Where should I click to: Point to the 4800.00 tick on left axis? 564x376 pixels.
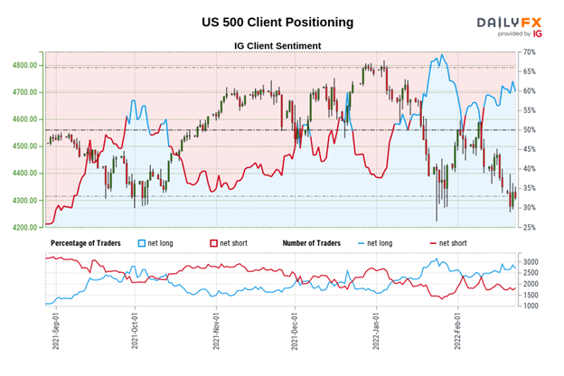[24, 66]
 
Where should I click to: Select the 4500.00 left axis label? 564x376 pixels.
[24, 146]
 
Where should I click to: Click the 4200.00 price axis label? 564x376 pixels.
[24, 228]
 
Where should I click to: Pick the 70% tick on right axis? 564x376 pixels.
[529, 53]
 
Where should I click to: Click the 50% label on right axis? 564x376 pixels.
[529, 130]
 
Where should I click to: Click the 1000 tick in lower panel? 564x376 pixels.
[531, 306]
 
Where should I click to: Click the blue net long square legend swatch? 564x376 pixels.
[140, 244]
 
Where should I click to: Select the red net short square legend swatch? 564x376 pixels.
[215, 244]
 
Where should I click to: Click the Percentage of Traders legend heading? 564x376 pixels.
[89, 244]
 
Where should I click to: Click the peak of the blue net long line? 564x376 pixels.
[441, 55]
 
